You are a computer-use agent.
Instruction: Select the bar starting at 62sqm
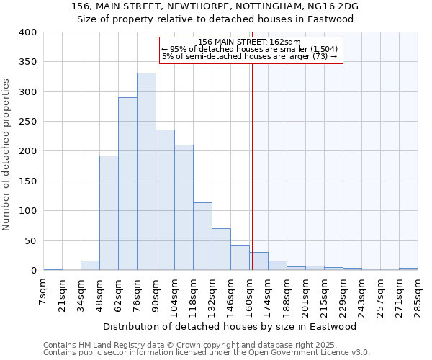pyautogui.click(x=127, y=184)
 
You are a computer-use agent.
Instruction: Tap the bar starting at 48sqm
pyautogui.click(x=109, y=213)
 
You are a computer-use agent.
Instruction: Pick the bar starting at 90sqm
pyautogui.click(x=165, y=200)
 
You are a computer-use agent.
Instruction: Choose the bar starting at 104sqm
pyautogui.click(x=184, y=207)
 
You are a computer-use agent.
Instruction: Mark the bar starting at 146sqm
pyautogui.click(x=240, y=258)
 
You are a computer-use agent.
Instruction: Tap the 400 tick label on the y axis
pyautogui.click(x=28, y=32)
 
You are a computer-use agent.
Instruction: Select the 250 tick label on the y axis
pyautogui.click(x=28, y=122)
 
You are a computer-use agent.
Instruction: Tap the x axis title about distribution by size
pyautogui.click(x=230, y=326)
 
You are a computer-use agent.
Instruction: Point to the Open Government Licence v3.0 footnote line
pyautogui.click(x=207, y=352)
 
